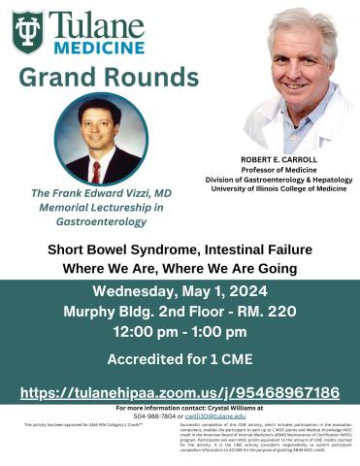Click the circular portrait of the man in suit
(101, 139)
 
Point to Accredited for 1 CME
(180, 360)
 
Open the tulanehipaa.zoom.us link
(180, 392)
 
